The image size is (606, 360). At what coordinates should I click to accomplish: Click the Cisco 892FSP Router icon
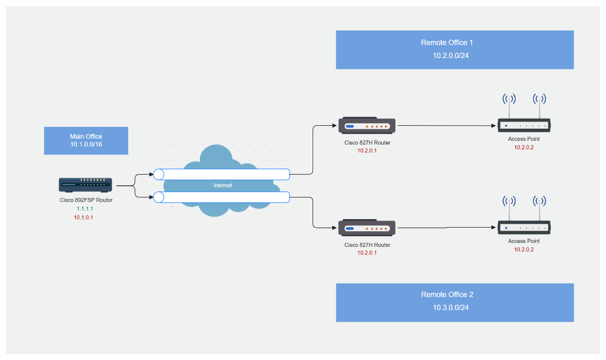click(x=85, y=185)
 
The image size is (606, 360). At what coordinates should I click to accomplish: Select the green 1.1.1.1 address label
click(x=85, y=209)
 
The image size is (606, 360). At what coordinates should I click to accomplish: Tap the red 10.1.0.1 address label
click(x=84, y=217)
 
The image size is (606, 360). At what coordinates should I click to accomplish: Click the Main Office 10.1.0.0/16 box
click(x=86, y=140)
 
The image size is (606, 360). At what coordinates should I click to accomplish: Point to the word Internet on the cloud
click(x=223, y=185)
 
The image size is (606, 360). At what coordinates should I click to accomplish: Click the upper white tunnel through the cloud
click(x=222, y=175)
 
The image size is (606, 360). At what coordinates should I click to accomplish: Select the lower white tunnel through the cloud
click(x=222, y=197)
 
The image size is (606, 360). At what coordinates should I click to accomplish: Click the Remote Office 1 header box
click(x=454, y=49)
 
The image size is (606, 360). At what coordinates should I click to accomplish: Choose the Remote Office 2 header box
click(x=454, y=302)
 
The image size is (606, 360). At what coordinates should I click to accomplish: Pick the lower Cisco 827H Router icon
click(x=367, y=228)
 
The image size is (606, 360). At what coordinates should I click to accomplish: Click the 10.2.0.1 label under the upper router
click(x=367, y=150)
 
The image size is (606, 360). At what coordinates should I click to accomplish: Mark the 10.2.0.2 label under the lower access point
click(x=524, y=249)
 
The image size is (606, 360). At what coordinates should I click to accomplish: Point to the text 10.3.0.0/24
click(x=450, y=307)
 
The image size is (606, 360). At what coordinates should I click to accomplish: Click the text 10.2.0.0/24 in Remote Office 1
click(x=450, y=56)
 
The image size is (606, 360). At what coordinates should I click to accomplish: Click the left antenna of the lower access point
click(x=509, y=208)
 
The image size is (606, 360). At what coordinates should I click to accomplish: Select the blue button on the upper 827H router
click(x=350, y=126)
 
